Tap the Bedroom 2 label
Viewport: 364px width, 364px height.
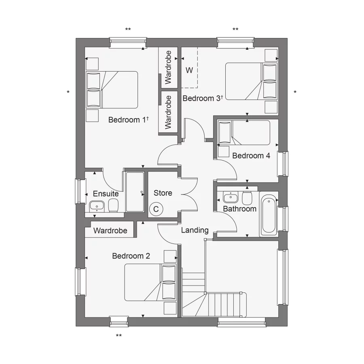131,256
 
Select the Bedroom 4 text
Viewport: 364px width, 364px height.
251,156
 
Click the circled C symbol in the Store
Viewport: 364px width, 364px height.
156,209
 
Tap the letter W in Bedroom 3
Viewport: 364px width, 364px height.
189,70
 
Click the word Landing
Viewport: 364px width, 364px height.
195,230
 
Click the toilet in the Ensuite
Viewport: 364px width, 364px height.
114,205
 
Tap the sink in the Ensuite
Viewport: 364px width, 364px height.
97,206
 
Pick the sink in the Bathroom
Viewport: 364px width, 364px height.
231,198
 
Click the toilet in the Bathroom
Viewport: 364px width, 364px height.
247,198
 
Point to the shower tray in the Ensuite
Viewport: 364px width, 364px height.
134,192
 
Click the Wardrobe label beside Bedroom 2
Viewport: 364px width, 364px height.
110,231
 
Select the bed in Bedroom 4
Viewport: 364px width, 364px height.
244,133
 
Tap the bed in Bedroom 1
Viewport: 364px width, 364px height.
112,90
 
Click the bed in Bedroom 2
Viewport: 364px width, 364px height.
150,282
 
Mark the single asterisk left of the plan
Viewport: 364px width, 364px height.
68,93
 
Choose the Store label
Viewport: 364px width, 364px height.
163,193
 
